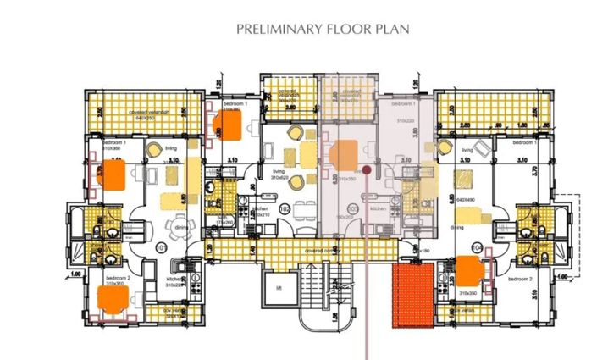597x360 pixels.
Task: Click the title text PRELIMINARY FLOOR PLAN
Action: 323,29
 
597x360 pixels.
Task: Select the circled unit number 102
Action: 285,209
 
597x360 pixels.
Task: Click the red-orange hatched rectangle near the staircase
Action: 412,295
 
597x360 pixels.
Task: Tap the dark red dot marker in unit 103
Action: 366,170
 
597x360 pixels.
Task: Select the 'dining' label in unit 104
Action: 456,227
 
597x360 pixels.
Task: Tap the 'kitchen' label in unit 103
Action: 378,207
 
